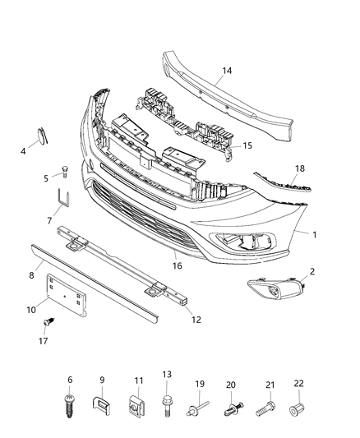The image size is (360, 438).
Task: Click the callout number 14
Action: click(227, 71)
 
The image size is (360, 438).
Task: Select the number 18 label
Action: click(300, 168)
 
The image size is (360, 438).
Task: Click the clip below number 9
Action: click(103, 405)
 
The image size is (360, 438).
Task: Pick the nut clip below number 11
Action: click(138, 405)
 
